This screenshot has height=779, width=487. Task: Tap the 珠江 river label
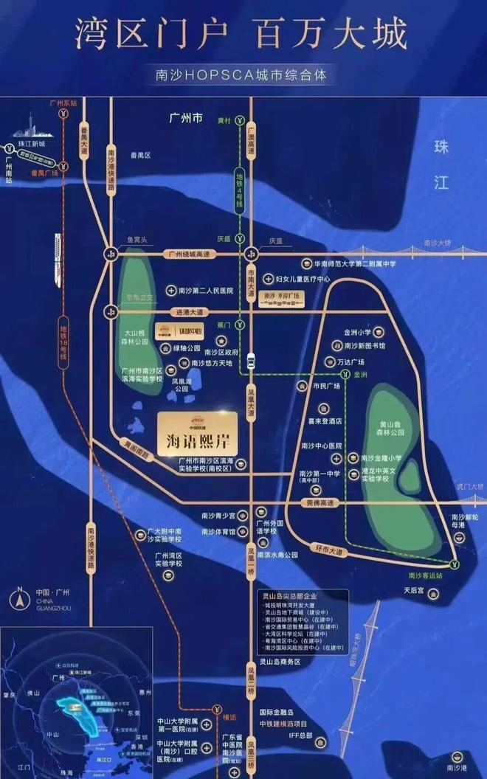tap(441, 165)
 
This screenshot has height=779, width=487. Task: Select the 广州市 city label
tap(185, 117)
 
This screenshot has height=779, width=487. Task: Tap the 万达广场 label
tap(351, 362)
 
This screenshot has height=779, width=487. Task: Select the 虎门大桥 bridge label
tap(469, 487)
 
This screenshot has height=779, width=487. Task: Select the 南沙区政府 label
tap(221, 352)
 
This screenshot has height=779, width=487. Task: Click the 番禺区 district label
tap(140, 156)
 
